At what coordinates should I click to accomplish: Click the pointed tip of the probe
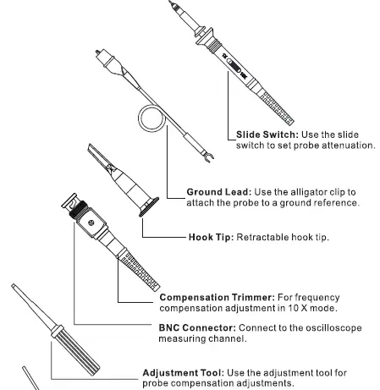[175, 5]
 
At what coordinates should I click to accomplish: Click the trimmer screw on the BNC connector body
[90, 223]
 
